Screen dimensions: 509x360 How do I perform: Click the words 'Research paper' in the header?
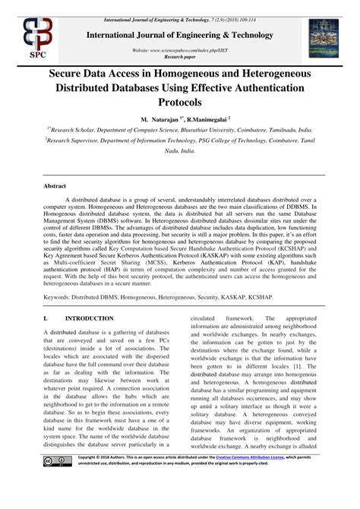179,56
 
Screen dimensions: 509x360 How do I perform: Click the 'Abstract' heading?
55,185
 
